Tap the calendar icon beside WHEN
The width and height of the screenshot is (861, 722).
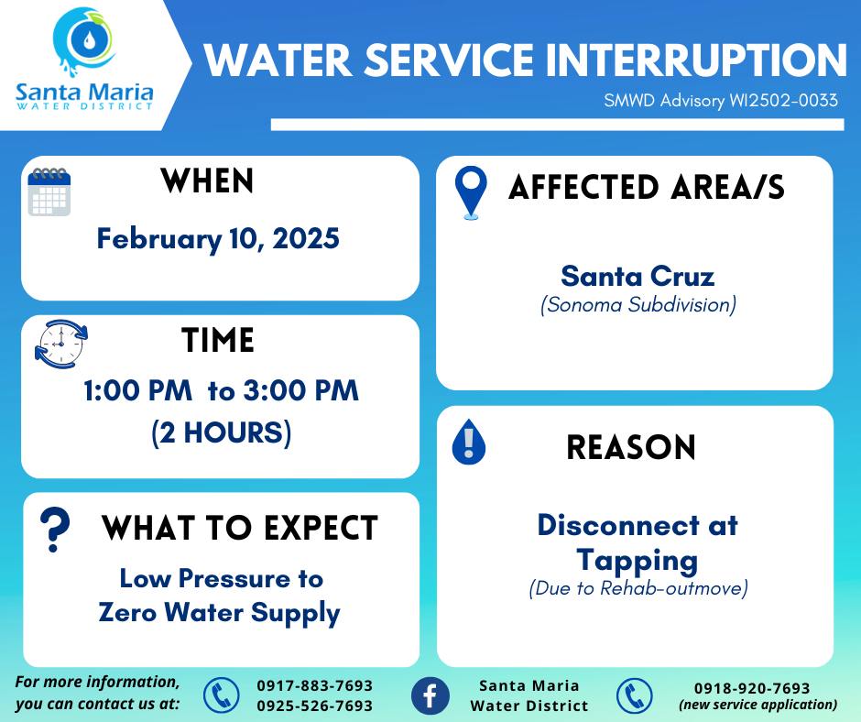(49, 191)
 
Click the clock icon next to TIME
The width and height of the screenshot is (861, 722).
(61, 344)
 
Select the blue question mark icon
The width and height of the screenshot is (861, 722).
(55, 530)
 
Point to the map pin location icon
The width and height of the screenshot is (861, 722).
(471, 192)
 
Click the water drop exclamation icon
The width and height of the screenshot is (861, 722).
(468, 442)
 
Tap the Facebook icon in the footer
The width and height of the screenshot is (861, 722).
(430, 695)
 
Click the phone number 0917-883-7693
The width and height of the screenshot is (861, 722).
(315, 685)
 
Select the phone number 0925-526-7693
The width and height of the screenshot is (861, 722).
(315, 706)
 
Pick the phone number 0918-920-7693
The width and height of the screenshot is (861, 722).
(752, 688)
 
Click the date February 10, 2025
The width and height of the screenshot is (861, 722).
(218, 239)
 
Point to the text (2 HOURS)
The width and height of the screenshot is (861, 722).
(222, 432)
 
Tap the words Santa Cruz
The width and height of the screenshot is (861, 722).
(638, 276)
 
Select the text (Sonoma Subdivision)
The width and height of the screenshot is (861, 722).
(638, 304)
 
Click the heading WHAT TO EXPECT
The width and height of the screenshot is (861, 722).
(240, 528)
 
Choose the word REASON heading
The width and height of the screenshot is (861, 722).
(631, 447)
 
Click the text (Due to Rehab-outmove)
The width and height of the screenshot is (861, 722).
(638, 588)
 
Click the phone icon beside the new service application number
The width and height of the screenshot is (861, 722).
(634, 696)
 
